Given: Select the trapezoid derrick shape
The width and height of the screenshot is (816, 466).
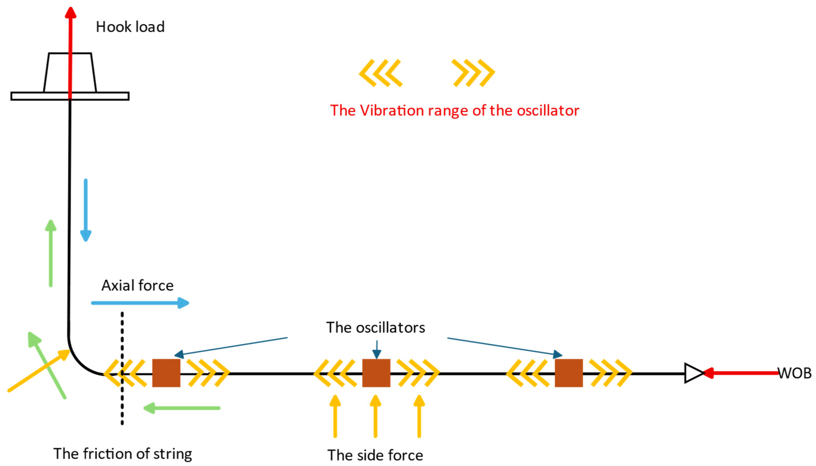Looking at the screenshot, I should click(x=70, y=73).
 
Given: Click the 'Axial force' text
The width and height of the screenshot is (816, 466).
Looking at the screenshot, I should click(x=137, y=286).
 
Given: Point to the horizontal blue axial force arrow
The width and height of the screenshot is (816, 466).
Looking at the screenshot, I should click(x=140, y=303).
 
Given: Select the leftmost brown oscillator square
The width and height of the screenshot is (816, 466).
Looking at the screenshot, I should click(x=166, y=373).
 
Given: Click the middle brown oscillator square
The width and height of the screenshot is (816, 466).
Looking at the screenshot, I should click(x=376, y=373).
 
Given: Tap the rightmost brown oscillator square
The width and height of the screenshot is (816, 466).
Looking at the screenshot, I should click(x=569, y=373).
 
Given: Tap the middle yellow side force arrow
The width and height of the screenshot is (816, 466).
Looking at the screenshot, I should click(x=376, y=416).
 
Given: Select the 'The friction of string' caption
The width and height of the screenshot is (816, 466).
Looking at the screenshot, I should click(x=123, y=454).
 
